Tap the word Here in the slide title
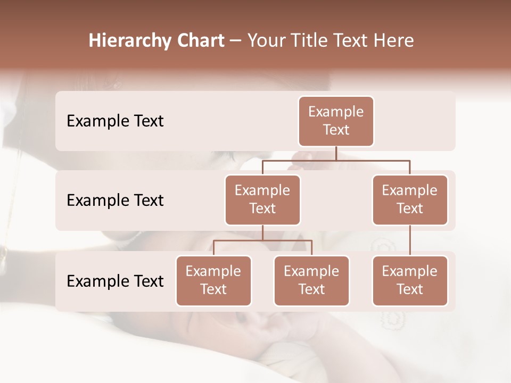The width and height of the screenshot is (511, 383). pos(394,41)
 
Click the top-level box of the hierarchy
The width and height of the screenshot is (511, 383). pos(336,121)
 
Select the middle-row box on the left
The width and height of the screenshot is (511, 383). pos(262,199)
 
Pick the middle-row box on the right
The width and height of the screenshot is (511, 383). pos(410,199)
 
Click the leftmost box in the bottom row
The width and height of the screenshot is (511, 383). pos(213,280)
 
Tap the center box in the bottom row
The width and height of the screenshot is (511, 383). pos(311,280)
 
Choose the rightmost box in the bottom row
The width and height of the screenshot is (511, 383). pos(410,280)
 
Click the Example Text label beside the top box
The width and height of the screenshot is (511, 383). pos(115,121)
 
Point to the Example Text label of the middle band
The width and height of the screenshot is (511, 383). pos(115,201)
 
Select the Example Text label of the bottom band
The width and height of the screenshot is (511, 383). pos(115,281)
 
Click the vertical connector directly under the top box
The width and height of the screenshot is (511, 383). pos(336,153)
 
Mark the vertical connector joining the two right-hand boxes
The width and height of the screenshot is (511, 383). pos(410,240)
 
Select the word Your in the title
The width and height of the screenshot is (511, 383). pos(265,41)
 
